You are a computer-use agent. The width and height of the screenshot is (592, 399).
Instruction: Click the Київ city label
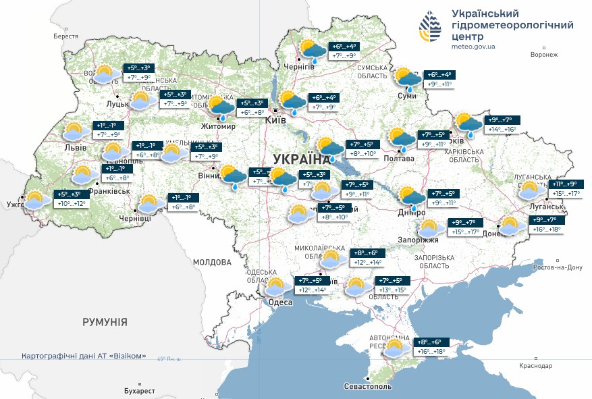pyautogui.click(x=275, y=119)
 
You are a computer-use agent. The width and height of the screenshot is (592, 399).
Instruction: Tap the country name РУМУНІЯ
pyautogui.click(x=105, y=322)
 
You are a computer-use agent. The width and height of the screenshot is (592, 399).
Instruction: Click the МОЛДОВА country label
pyautogui.click(x=213, y=262)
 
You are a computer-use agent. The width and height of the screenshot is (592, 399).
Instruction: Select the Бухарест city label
pyautogui.click(x=139, y=391)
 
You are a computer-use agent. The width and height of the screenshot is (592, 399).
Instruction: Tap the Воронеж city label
pyautogui.click(x=545, y=55)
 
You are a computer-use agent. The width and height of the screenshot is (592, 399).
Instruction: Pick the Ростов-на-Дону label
pyautogui.click(x=557, y=267)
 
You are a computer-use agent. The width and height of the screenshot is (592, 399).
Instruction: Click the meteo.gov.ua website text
pyautogui.click(x=473, y=47)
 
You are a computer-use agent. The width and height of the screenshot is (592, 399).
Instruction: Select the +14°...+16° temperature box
pyautogui.click(x=502, y=129)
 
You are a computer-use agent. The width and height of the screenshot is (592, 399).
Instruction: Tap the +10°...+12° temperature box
pyautogui.click(x=71, y=203)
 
